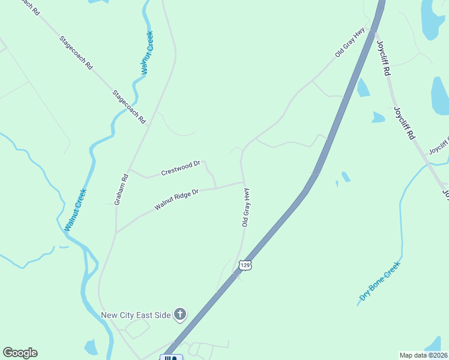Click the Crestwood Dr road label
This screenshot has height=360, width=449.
pos(181,169)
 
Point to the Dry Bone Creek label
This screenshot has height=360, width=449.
pos(379,281)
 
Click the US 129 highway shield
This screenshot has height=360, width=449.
pos(244,265)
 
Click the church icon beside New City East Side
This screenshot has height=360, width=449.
pos(180,314)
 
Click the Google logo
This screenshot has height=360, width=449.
pos(20,353)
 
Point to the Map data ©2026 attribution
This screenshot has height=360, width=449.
pos(424,355)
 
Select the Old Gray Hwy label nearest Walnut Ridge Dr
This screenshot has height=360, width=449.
pos(246,207)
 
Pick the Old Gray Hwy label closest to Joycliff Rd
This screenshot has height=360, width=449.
pos(350,42)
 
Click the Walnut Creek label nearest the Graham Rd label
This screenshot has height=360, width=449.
pos(76,210)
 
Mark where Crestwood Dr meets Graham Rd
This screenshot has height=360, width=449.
pos(129,169)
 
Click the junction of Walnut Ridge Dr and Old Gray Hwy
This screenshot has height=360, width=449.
pos(243,182)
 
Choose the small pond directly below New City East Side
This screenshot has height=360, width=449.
pos(91,347)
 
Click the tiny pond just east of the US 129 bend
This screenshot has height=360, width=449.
pos(345,177)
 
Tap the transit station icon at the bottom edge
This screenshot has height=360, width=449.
pos(170,358)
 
